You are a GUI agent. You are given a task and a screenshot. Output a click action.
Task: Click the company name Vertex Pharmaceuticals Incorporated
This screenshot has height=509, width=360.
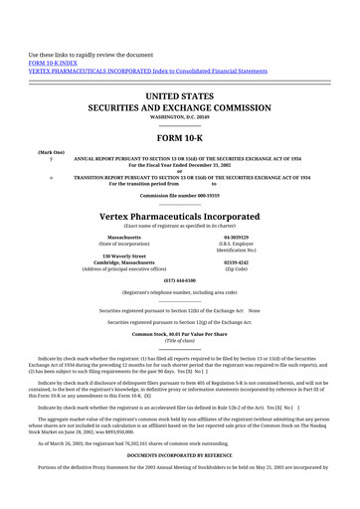click(x=180, y=216)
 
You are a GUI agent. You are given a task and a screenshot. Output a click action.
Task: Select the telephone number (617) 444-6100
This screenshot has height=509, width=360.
click(x=180, y=281)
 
